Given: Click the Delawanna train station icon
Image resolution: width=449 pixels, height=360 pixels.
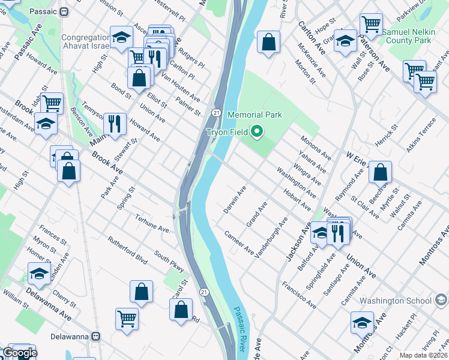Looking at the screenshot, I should pyautogui.click(x=95, y=337).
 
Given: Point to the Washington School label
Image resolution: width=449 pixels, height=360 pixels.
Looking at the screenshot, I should pyautogui.click(x=396, y=301).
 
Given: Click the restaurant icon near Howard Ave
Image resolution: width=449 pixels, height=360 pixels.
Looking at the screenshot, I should pyautogui.click(x=115, y=123).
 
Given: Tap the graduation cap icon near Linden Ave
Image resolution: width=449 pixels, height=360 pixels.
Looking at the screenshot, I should pyautogui.click(x=40, y=273).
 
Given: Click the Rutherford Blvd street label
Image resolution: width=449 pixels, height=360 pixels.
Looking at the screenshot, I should pyautogui.click(x=127, y=250).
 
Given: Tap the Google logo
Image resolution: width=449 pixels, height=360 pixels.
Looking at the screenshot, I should pyautogui.click(x=19, y=353).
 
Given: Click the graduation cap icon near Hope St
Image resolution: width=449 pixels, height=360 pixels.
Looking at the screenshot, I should pyautogui.click(x=345, y=41).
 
